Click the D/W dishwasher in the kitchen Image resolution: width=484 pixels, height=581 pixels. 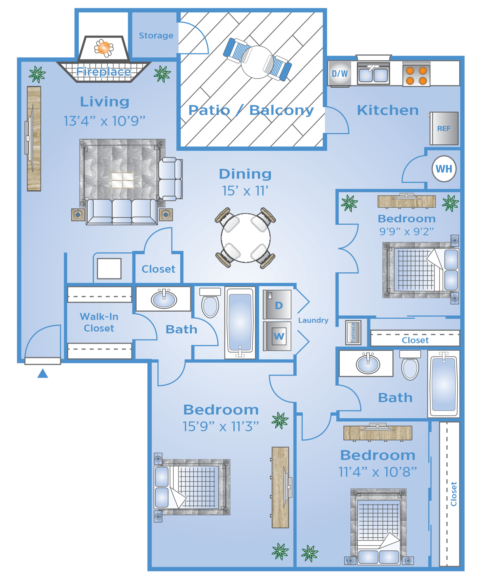[x=340, y=74]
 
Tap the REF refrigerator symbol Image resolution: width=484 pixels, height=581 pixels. [x=444, y=129]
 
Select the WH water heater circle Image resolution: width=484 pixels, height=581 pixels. [x=444, y=169]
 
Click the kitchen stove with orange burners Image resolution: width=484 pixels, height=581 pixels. [x=416, y=75]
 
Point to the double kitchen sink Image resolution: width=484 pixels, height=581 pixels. [x=373, y=75]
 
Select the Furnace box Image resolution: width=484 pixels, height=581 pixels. [x=353, y=332]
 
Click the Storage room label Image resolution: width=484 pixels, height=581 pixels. [x=156, y=36]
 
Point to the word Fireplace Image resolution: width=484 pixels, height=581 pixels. [x=103, y=72]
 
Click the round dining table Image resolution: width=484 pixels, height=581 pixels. [x=246, y=238]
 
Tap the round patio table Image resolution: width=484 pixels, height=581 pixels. [x=257, y=62]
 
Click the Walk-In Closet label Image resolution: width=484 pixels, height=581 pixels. [x=99, y=322]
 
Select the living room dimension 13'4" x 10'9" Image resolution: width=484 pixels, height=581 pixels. [x=104, y=121]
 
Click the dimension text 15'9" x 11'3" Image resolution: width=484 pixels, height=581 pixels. [x=221, y=426]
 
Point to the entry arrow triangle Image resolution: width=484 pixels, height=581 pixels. [x=43, y=373]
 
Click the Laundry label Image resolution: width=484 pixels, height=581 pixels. [x=313, y=320]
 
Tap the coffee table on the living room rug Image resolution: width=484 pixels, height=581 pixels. [x=122, y=180]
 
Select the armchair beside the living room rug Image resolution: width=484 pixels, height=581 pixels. [x=170, y=179]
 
